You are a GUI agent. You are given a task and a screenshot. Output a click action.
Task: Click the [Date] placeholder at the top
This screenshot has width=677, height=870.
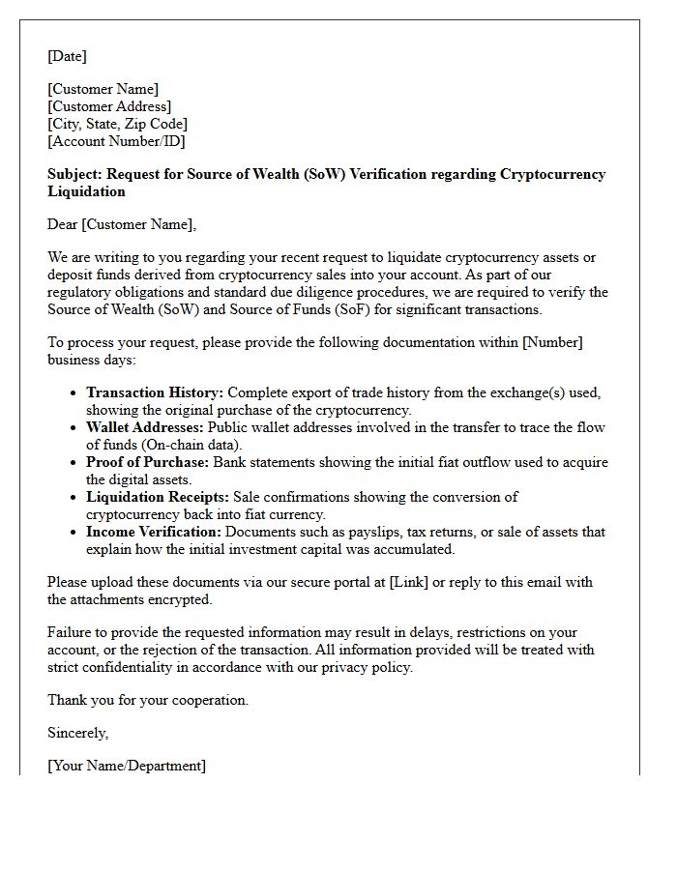pyautogui.click(x=67, y=56)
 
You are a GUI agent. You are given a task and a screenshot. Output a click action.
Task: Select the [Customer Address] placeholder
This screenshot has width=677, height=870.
pyautogui.click(x=109, y=106)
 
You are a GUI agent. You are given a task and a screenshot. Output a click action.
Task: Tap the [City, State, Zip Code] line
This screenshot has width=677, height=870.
pyautogui.click(x=117, y=124)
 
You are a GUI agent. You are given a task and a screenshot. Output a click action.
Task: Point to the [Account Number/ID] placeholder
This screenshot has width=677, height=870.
pyautogui.click(x=116, y=141)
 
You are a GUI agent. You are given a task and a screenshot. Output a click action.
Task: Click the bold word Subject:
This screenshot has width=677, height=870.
pyautogui.click(x=74, y=174)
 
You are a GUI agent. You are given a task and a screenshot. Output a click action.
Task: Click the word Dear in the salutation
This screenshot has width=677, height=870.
pyautogui.click(x=63, y=224)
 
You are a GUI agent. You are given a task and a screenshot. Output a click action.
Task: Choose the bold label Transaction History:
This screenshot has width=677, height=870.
pyautogui.click(x=155, y=392)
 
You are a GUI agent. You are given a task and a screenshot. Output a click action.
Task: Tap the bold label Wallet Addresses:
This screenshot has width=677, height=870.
pyautogui.click(x=144, y=427)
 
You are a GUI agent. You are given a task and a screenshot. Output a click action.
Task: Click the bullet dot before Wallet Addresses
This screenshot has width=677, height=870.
pyautogui.click(x=75, y=428)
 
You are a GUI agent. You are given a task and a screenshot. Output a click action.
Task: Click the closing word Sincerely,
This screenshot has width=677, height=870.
pyautogui.click(x=77, y=733)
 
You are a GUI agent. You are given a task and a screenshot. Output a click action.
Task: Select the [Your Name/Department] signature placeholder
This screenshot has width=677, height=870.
pyautogui.click(x=126, y=766)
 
